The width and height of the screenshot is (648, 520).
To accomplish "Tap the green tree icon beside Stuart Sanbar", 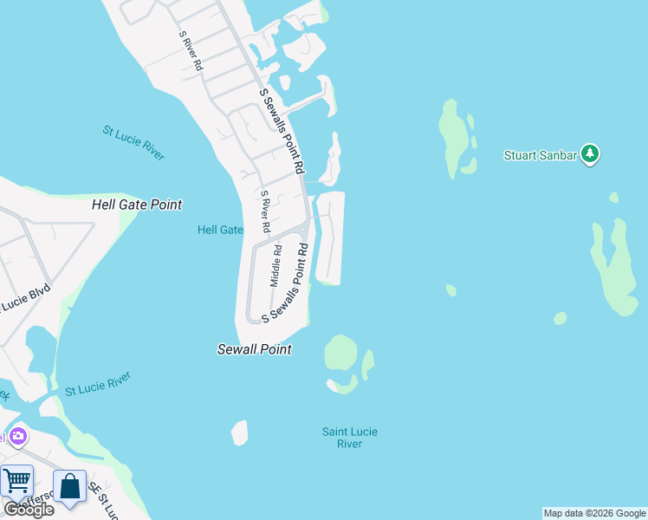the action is (x=591, y=154).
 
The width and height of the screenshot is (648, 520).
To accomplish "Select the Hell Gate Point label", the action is (x=137, y=205).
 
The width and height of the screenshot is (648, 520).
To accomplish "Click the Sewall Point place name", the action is (x=254, y=349).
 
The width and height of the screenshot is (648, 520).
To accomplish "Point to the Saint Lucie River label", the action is (x=350, y=438).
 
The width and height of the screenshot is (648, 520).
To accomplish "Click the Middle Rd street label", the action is (x=276, y=266).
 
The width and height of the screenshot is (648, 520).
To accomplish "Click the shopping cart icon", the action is (x=16, y=481).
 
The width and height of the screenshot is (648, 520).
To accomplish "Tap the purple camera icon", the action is (x=18, y=436).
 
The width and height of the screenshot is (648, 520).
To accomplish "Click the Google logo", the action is (x=29, y=509).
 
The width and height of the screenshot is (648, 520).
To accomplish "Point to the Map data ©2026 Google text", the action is (x=594, y=513).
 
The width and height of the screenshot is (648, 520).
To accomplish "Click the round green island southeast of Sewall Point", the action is (x=340, y=353).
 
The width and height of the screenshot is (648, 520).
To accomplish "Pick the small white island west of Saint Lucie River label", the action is (x=240, y=432).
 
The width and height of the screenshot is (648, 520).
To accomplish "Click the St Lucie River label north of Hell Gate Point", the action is (x=133, y=143).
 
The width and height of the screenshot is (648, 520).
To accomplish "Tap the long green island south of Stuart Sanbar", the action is (x=616, y=269).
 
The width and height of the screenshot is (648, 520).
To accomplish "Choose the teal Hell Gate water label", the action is (x=220, y=230).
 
